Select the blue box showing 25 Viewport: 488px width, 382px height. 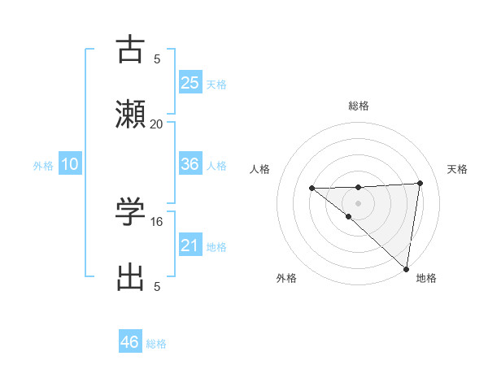[190, 83]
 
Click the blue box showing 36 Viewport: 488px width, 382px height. [190, 164]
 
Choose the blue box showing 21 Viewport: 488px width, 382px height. [190, 245]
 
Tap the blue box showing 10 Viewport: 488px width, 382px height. [70, 164]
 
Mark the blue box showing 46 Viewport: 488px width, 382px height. [130, 342]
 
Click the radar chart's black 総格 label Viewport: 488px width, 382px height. [358, 106]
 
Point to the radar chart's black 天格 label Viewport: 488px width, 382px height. [457, 169]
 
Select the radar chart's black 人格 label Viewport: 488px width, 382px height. [260, 169]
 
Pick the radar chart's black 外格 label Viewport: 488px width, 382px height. [286, 278]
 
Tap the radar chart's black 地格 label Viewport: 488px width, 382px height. [426, 278]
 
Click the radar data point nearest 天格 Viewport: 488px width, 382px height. [420, 183]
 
